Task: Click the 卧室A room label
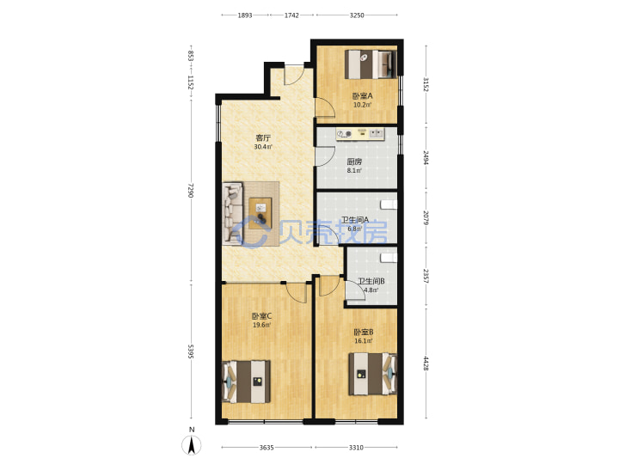tap(362, 96)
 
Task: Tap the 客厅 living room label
tap(263, 137)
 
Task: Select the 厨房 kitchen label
tap(354, 162)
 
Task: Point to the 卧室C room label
tap(261, 316)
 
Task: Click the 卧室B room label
tap(363, 333)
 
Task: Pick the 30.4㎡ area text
tap(263, 147)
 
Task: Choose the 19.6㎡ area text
tap(261, 325)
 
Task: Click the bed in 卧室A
tap(371, 64)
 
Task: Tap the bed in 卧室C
tap(247, 382)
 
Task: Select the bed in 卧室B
tap(372, 374)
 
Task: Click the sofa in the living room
tap(232, 213)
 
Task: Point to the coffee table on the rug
tap(260, 213)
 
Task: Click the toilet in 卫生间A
tap(389, 205)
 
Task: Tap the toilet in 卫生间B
tap(389, 258)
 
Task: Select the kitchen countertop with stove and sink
tap(359, 134)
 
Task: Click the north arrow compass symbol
tap(192, 445)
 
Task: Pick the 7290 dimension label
tap(191, 191)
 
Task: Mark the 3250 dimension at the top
tap(357, 15)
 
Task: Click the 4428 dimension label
tap(426, 363)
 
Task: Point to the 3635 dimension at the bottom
tap(267, 448)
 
